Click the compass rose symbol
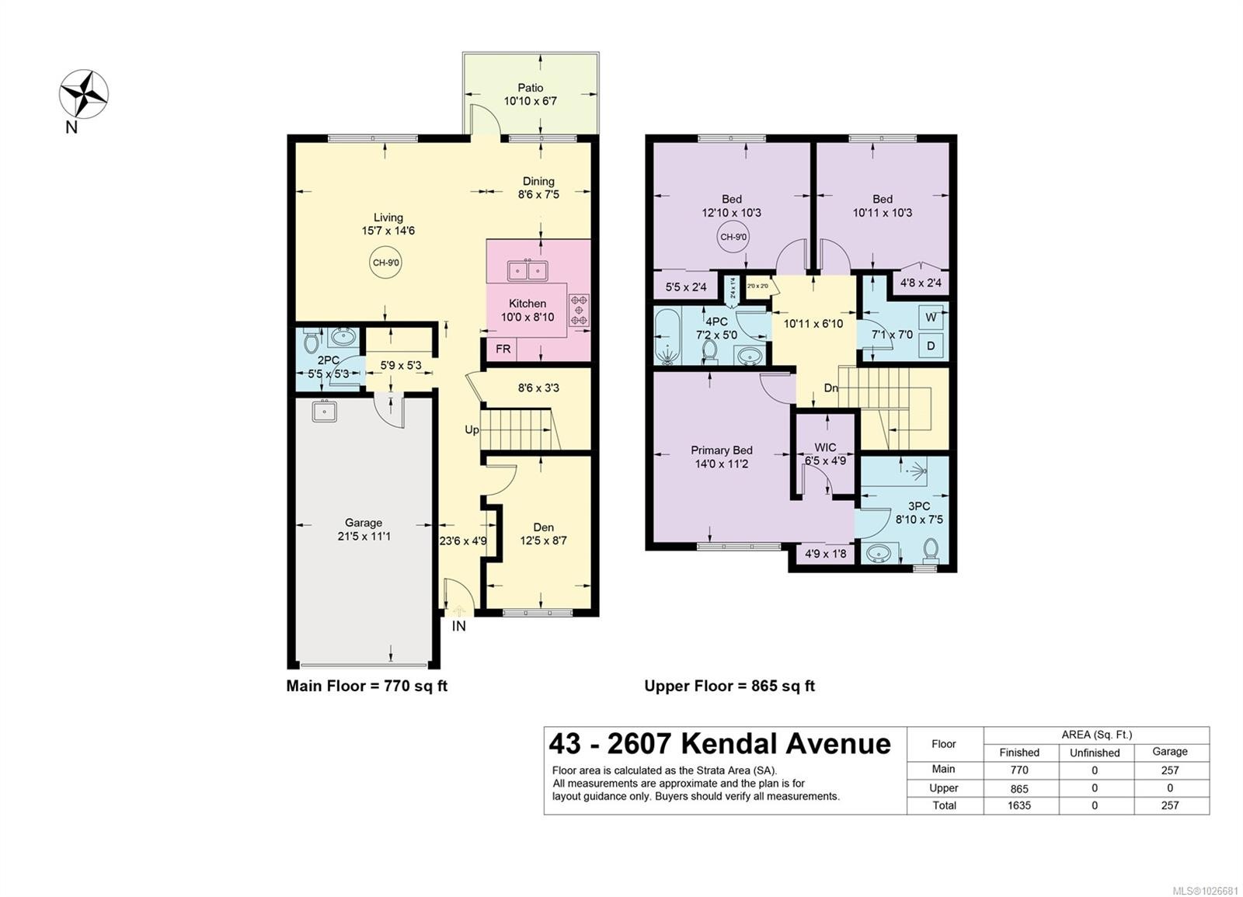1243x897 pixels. [84, 94]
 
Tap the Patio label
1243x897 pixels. [531, 88]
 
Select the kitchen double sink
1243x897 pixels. [527, 270]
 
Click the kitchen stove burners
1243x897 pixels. [580, 309]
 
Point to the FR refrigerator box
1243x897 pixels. [503, 349]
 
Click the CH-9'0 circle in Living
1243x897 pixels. [386, 262]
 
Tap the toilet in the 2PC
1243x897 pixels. [312, 341]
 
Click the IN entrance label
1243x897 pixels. [459, 625]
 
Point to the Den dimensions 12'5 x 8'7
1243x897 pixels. [543, 541]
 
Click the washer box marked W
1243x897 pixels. [931, 318]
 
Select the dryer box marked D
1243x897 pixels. [931, 346]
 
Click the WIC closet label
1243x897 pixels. [825, 447]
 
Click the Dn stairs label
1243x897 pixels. [830, 388]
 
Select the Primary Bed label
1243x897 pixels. [722, 450]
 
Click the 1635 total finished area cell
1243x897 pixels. [1019, 805]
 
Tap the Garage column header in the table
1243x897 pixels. [1169, 751]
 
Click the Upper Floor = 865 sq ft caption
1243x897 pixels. [729, 686]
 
